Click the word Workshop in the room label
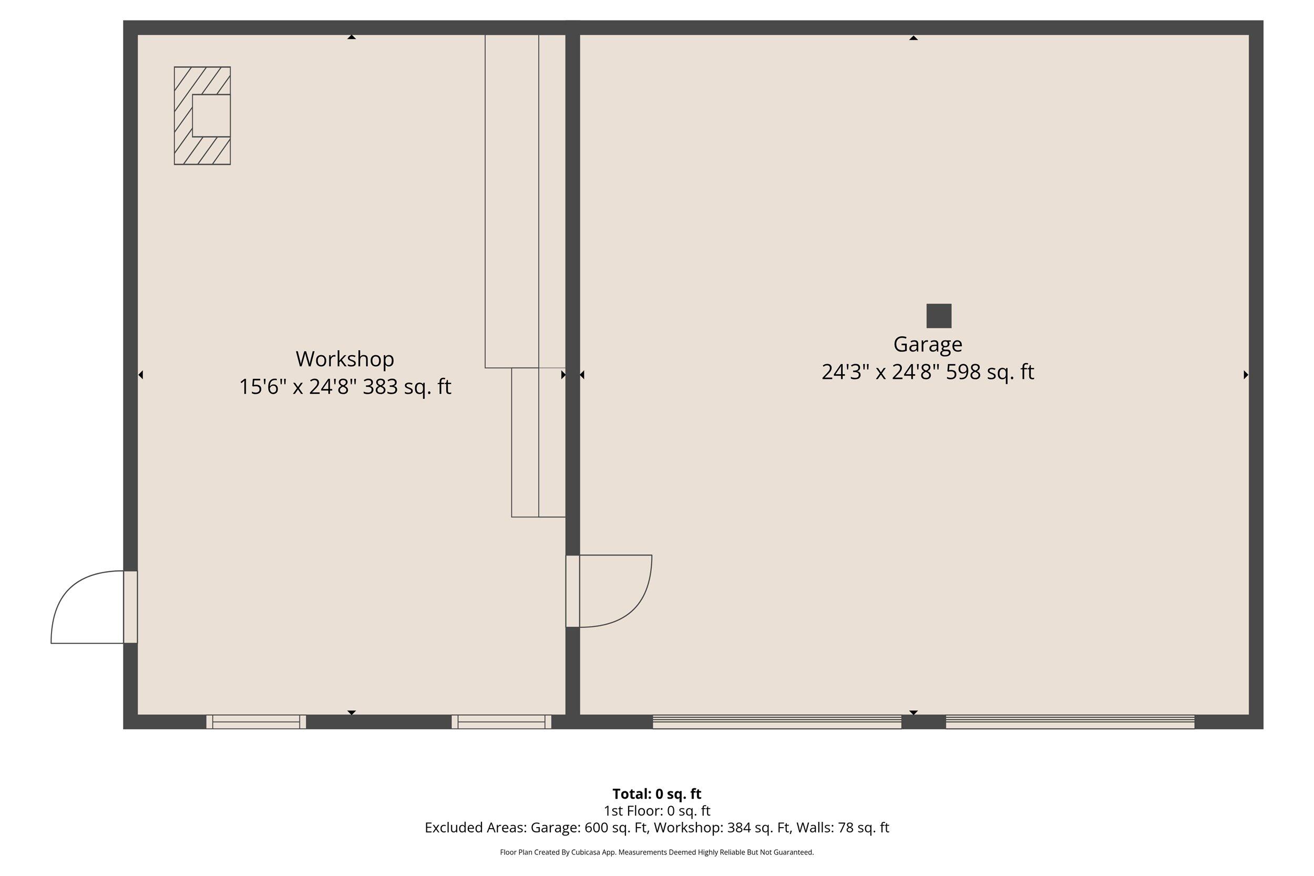point(345,359)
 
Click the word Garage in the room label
point(927,345)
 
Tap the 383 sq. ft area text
point(407,387)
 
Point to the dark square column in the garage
point(939,316)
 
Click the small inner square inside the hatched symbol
point(211,116)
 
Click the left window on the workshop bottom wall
point(256,722)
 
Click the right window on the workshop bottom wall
point(501,722)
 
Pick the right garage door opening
point(1070,722)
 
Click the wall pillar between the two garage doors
point(923,722)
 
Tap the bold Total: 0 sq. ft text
point(656,794)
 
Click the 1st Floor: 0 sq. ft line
point(656,811)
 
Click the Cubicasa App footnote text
point(656,852)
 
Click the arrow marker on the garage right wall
point(1245,375)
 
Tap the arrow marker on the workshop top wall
point(352,37)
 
